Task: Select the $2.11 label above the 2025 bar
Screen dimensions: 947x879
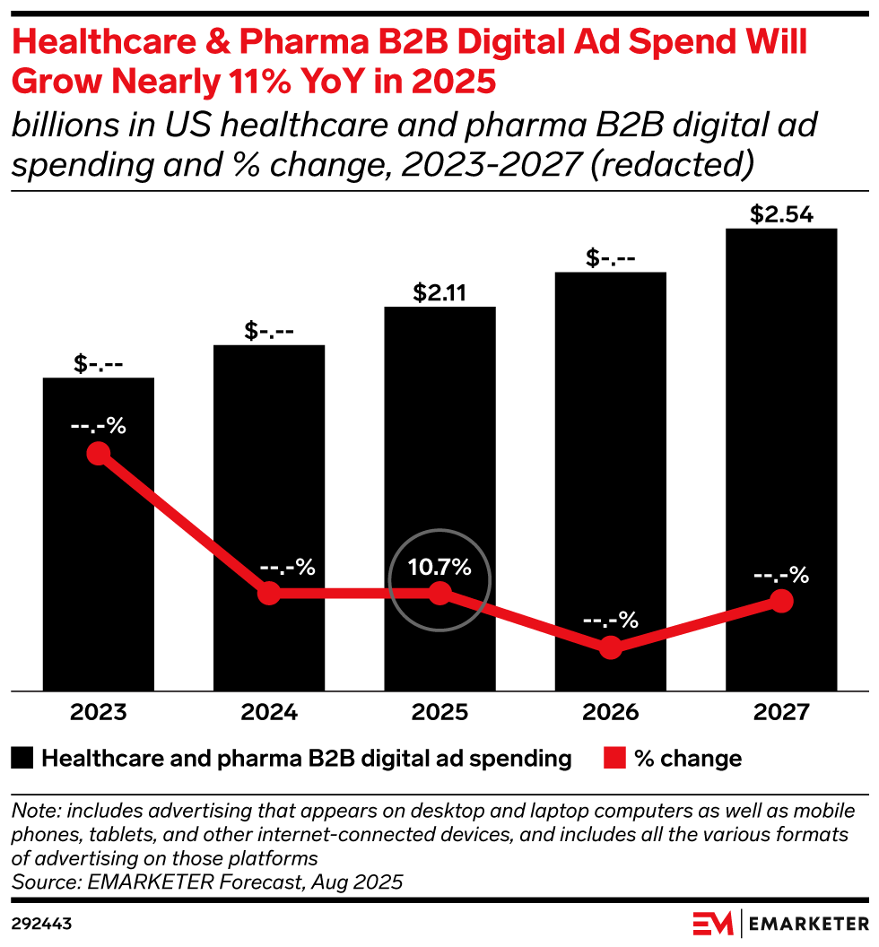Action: click(x=439, y=293)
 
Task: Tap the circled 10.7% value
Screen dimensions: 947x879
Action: click(x=439, y=568)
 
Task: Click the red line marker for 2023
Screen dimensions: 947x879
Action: click(x=99, y=454)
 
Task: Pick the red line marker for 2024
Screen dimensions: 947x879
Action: click(x=269, y=593)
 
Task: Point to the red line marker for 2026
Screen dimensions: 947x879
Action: click(x=611, y=647)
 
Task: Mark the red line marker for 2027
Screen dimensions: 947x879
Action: click(x=781, y=601)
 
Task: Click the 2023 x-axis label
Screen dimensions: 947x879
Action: click(x=99, y=713)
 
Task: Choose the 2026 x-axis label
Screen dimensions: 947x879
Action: click(x=611, y=713)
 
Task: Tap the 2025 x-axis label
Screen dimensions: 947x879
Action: click(x=439, y=713)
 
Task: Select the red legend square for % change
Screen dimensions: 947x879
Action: click(x=614, y=759)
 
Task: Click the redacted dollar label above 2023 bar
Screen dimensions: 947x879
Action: click(x=99, y=364)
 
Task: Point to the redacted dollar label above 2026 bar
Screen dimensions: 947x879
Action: click(x=611, y=258)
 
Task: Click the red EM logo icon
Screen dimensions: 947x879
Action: click(x=712, y=922)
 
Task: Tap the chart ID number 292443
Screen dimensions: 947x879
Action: click(x=42, y=923)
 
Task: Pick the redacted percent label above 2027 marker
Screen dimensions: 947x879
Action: click(x=781, y=575)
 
